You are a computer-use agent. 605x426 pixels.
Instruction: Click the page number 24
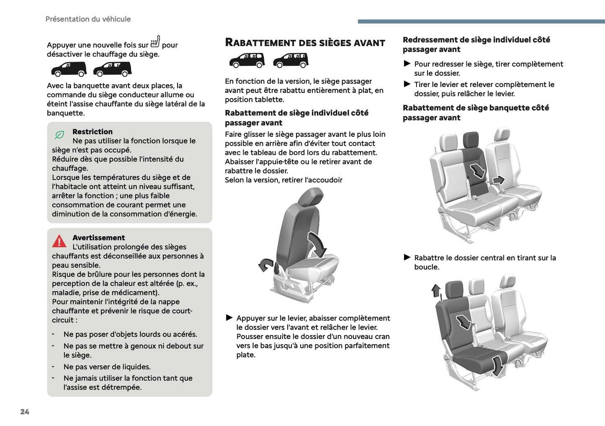click(25, 412)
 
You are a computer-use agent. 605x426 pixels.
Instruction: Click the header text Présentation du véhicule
click(88, 19)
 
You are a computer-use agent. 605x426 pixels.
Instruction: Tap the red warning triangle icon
click(59, 241)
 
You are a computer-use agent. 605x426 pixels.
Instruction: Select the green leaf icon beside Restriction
click(59, 135)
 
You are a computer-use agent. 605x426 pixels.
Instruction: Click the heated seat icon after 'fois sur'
click(155, 41)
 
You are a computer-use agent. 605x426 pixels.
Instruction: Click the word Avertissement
click(98, 238)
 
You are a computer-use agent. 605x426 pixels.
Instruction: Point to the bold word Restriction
click(92, 131)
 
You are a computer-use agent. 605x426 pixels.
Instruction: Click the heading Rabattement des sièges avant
click(305, 43)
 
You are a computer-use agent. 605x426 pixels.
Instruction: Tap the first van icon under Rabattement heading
click(247, 60)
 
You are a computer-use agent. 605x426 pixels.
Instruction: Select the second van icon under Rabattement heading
click(291, 60)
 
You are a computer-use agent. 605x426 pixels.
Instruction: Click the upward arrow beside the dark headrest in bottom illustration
click(436, 290)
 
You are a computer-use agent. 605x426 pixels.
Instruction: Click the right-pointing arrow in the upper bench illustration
click(498, 180)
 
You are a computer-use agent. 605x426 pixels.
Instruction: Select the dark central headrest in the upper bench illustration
click(471, 140)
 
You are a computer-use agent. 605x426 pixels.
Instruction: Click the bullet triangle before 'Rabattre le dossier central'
click(407, 257)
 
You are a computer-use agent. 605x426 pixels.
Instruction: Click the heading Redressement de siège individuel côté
click(476, 40)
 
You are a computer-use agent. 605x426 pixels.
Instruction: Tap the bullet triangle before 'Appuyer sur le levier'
click(229, 318)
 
